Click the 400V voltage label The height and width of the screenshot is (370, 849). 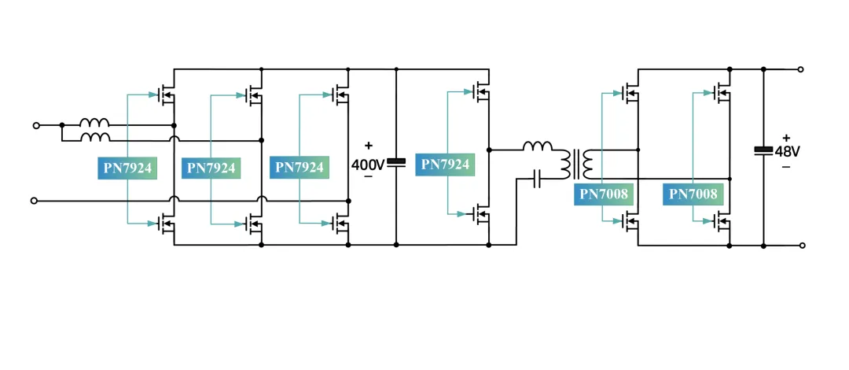[368, 165]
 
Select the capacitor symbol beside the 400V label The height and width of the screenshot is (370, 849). [396, 162]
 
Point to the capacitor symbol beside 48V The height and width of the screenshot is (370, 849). [763, 150]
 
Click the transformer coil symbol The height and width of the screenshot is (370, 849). [577, 164]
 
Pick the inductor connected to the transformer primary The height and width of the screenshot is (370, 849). [538, 146]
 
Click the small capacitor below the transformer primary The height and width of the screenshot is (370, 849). [537, 179]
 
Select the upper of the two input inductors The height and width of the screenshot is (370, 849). [95, 122]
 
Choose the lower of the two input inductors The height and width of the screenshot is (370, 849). [95, 137]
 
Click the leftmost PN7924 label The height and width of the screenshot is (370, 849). [127, 168]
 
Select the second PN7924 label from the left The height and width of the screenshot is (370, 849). [211, 168]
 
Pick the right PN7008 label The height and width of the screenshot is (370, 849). [693, 194]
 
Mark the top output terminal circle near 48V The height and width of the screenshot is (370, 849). [801, 69]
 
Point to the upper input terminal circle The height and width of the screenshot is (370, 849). [36, 125]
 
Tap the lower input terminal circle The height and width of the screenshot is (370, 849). [34, 201]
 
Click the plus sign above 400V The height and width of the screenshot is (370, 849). [369, 146]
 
